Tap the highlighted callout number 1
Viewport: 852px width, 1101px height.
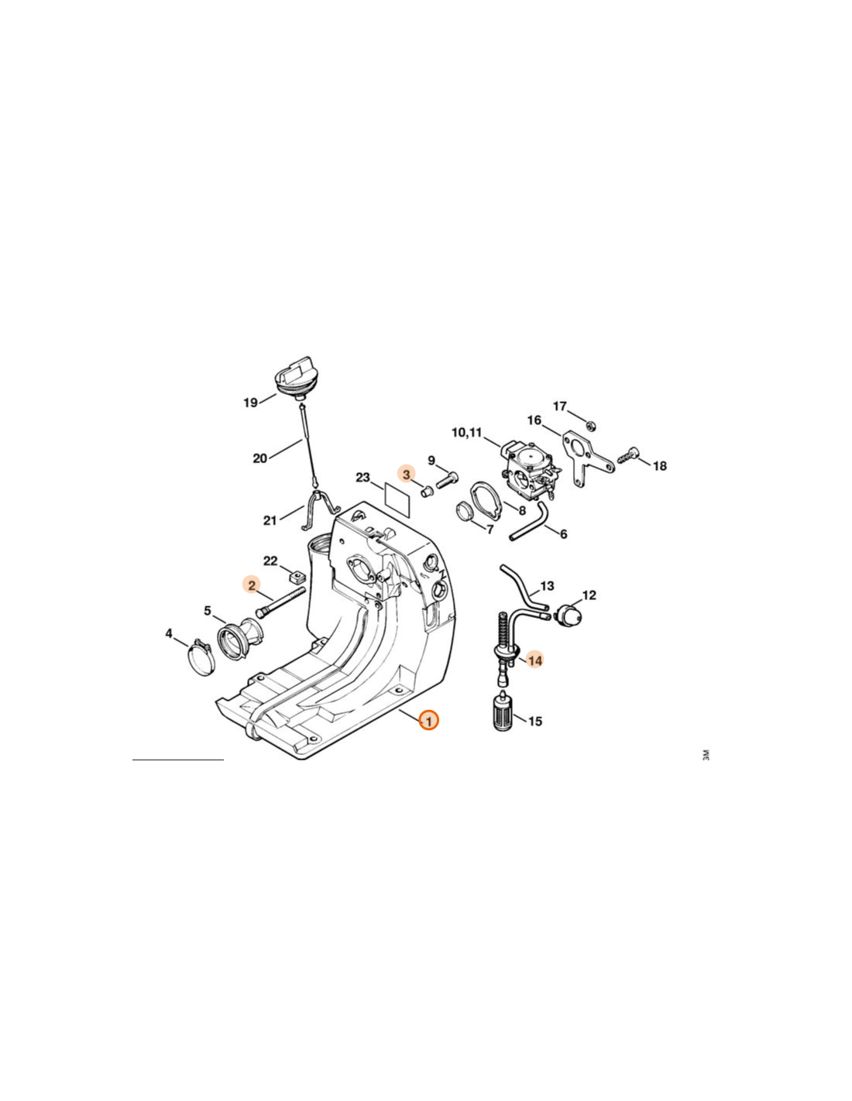click(x=428, y=720)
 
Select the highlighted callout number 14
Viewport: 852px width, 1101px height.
click(x=535, y=660)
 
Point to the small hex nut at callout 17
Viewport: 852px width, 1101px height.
click(x=590, y=424)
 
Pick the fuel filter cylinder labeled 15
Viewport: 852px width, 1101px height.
click(x=502, y=712)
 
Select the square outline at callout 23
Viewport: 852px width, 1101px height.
click(x=399, y=496)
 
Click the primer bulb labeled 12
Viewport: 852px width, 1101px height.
click(x=569, y=615)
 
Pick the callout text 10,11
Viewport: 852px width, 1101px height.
click(x=466, y=433)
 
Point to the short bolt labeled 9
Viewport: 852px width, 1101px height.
click(x=447, y=478)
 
